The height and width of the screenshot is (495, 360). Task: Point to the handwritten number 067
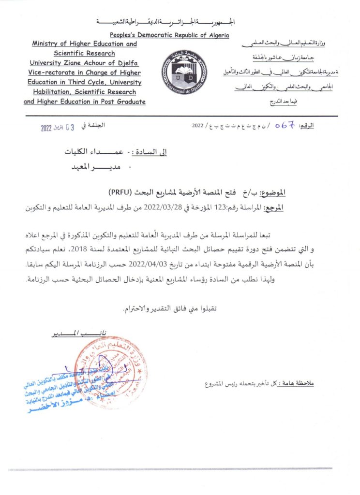pos(285,125)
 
